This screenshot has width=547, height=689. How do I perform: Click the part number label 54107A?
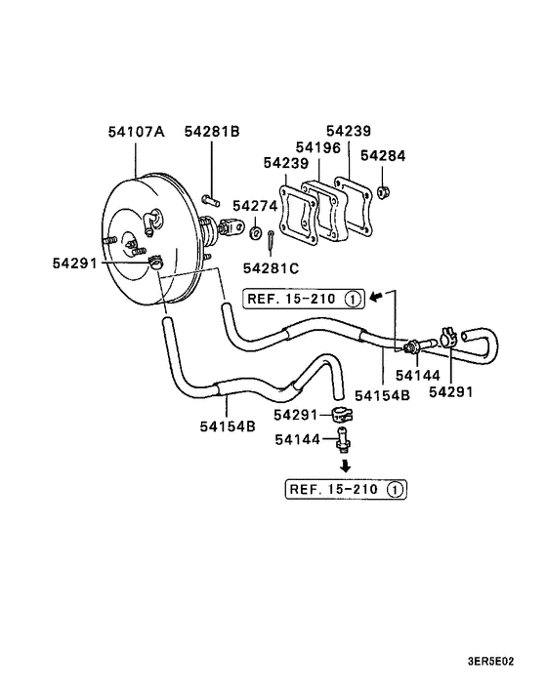[137, 132]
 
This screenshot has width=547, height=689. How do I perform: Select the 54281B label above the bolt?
[212, 131]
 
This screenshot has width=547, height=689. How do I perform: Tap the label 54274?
[255, 206]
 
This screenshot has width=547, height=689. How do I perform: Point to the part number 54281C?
[271, 268]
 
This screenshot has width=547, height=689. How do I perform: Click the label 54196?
[318, 147]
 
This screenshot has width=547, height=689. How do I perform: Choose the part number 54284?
[383, 155]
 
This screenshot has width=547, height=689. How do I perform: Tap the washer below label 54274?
[256, 233]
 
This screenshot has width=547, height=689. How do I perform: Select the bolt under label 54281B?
[211, 200]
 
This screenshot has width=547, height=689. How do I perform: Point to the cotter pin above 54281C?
[271, 242]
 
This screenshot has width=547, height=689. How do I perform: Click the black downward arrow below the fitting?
[346, 466]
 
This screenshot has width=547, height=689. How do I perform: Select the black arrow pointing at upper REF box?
[376, 297]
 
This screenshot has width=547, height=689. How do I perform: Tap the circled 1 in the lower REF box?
[395, 490]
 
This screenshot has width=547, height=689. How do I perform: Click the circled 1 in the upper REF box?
[353, 300]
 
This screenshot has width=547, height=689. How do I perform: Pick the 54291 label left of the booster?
[75, 263]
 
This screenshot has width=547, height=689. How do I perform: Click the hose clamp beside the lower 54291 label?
[342, 414]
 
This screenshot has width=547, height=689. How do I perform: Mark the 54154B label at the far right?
[382, 395]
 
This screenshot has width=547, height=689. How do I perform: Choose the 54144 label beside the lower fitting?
[298, 439]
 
